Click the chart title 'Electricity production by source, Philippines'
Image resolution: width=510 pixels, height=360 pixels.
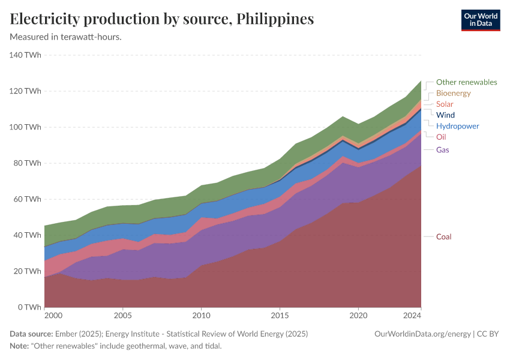(162, 19)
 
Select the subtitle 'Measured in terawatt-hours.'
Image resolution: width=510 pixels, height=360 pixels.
(66, 37)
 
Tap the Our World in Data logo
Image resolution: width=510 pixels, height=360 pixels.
(480, 20)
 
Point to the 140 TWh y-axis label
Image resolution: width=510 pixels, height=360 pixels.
(25, 55)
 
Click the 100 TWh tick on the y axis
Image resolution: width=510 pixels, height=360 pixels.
(25, 127)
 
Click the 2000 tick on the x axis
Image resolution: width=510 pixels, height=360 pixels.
(53, 316)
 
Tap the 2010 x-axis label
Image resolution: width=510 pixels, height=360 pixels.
(201, 316)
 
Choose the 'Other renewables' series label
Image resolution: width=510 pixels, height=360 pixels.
(466, 82)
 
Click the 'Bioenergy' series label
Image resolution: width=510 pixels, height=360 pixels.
(453, 93)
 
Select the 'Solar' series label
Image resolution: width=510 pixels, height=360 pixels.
(445, 104)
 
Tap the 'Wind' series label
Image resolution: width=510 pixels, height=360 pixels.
(445, 115)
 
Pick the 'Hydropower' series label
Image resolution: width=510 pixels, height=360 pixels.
(457, 126)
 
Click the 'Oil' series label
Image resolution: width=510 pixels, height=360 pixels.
(441, 137)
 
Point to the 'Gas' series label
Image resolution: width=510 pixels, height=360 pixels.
(442, 149)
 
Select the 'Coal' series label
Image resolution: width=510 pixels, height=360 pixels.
(443, 237)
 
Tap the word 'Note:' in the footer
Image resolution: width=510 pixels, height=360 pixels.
(21, 346)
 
